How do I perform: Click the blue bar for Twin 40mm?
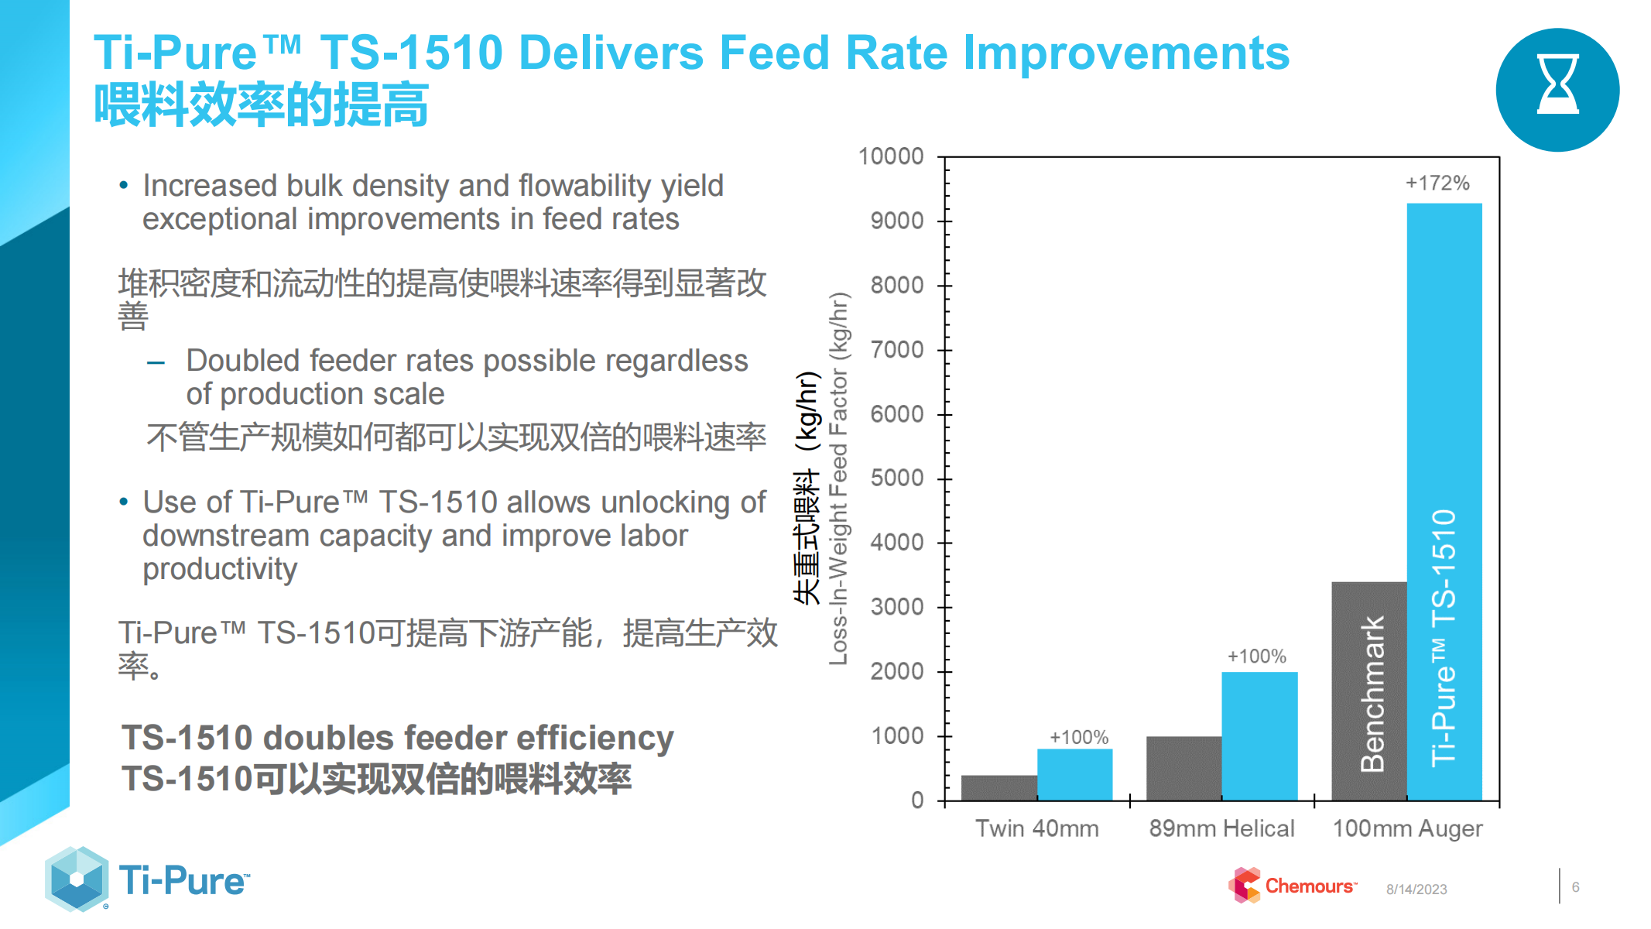(1074, 774)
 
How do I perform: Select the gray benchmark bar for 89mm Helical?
(1183, 768)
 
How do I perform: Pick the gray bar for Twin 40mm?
(998, 787)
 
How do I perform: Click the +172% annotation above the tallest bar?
(1437, 183)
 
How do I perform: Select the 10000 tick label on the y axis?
(891, 156)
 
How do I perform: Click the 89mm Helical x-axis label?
(1221, 828)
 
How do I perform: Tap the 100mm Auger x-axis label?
(1407, 828)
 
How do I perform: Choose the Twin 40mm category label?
(1036, 828)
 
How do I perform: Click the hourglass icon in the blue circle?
(1557, 85)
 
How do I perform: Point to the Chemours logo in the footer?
(1293, 886)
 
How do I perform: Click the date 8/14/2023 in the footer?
(1416, 890)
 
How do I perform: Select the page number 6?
(1575, 887)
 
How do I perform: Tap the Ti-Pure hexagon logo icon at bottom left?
(77, 879)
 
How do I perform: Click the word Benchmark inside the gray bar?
(1372, 694)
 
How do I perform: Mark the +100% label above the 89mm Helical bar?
(1256, 656)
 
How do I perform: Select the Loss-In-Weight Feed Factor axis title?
(838, 478)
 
